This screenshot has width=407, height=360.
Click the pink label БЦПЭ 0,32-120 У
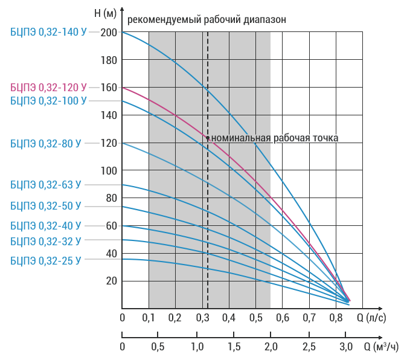pos(48,88)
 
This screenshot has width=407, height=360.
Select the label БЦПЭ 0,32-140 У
pos(48,32)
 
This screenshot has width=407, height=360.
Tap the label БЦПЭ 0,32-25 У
pos(46,260)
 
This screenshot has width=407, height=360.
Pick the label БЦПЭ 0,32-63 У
pos(46,185)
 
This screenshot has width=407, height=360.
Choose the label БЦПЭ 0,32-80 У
pos(46,143)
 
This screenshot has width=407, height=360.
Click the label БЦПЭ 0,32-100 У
pos(48,101)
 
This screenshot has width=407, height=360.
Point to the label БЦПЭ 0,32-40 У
pos(46,226)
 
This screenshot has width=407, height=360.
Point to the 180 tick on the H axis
pos(109,60)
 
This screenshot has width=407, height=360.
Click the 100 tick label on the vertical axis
pos(109,171)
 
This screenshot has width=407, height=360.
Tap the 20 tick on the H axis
pos(111,281)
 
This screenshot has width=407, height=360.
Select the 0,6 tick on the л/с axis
pos(283,318)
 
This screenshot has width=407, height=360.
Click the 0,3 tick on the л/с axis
pos(202,318)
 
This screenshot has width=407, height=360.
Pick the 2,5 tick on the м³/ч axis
pos(309,347)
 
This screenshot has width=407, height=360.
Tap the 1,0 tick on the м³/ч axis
pos(197,347)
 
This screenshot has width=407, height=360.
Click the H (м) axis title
pos(105,13)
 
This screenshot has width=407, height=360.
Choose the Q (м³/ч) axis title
pos(381,347)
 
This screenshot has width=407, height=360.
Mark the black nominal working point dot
pos(208,138)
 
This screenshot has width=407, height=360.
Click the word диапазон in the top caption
pos(264,20)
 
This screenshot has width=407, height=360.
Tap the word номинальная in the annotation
pos(241,138)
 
